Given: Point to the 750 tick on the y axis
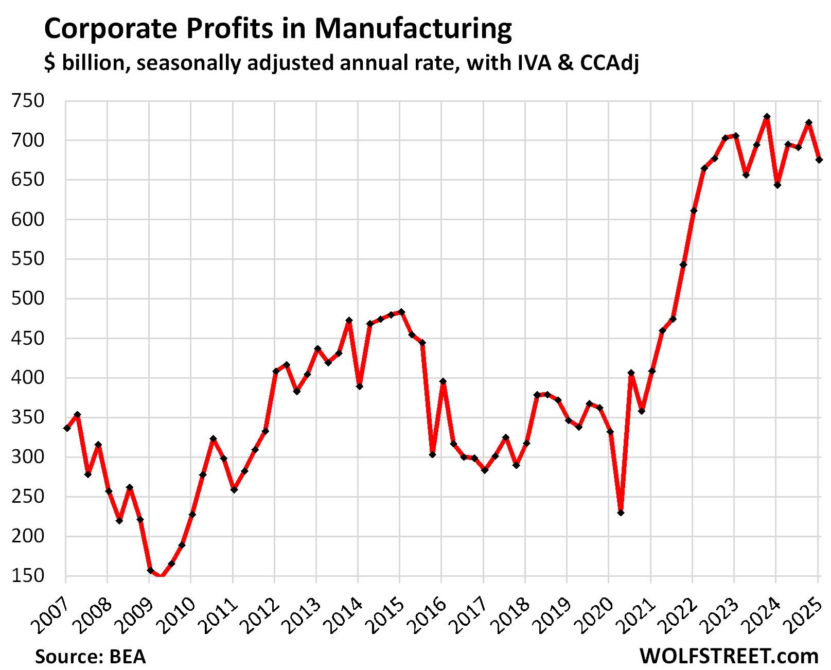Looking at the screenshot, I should click(28, 101).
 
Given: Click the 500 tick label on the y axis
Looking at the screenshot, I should click(28, 298).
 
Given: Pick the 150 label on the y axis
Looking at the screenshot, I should click(28, 575).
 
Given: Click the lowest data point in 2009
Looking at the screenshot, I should click(161, 577).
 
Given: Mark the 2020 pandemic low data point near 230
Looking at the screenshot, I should click(621, 513).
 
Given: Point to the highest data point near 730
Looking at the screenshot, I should click(767, 117).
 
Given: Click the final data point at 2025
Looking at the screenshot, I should click(819, 160).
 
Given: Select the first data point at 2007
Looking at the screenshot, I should click(67, 428).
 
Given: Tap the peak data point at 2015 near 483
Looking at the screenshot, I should click(402, 312).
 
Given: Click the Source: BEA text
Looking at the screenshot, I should click(91, 657).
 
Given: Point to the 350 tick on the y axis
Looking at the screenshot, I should click(28, 417).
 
